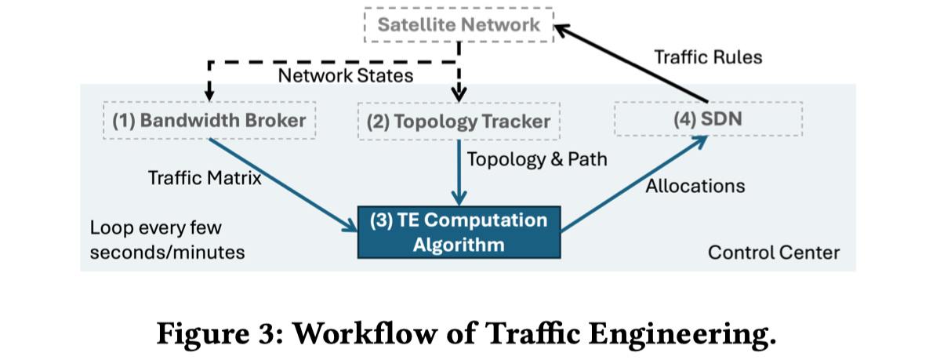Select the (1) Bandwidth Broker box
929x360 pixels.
coord(209,120)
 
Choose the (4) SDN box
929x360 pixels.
coord(708,120)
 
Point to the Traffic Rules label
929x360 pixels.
coord(708,56)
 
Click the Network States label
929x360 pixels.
coord(346,76)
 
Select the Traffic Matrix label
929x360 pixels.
coord(205,178)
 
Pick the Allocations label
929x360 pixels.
coord(695,186)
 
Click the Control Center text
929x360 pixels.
coord(773,253)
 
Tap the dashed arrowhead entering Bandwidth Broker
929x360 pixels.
coord(209,92)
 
